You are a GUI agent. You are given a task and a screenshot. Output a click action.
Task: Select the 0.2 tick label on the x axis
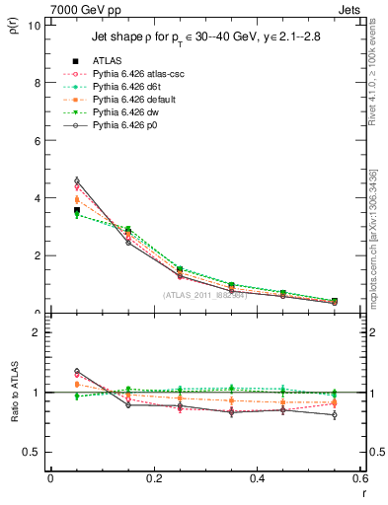tap(153, 477)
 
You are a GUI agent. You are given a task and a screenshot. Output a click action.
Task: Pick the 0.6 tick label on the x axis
tap(360, 477)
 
